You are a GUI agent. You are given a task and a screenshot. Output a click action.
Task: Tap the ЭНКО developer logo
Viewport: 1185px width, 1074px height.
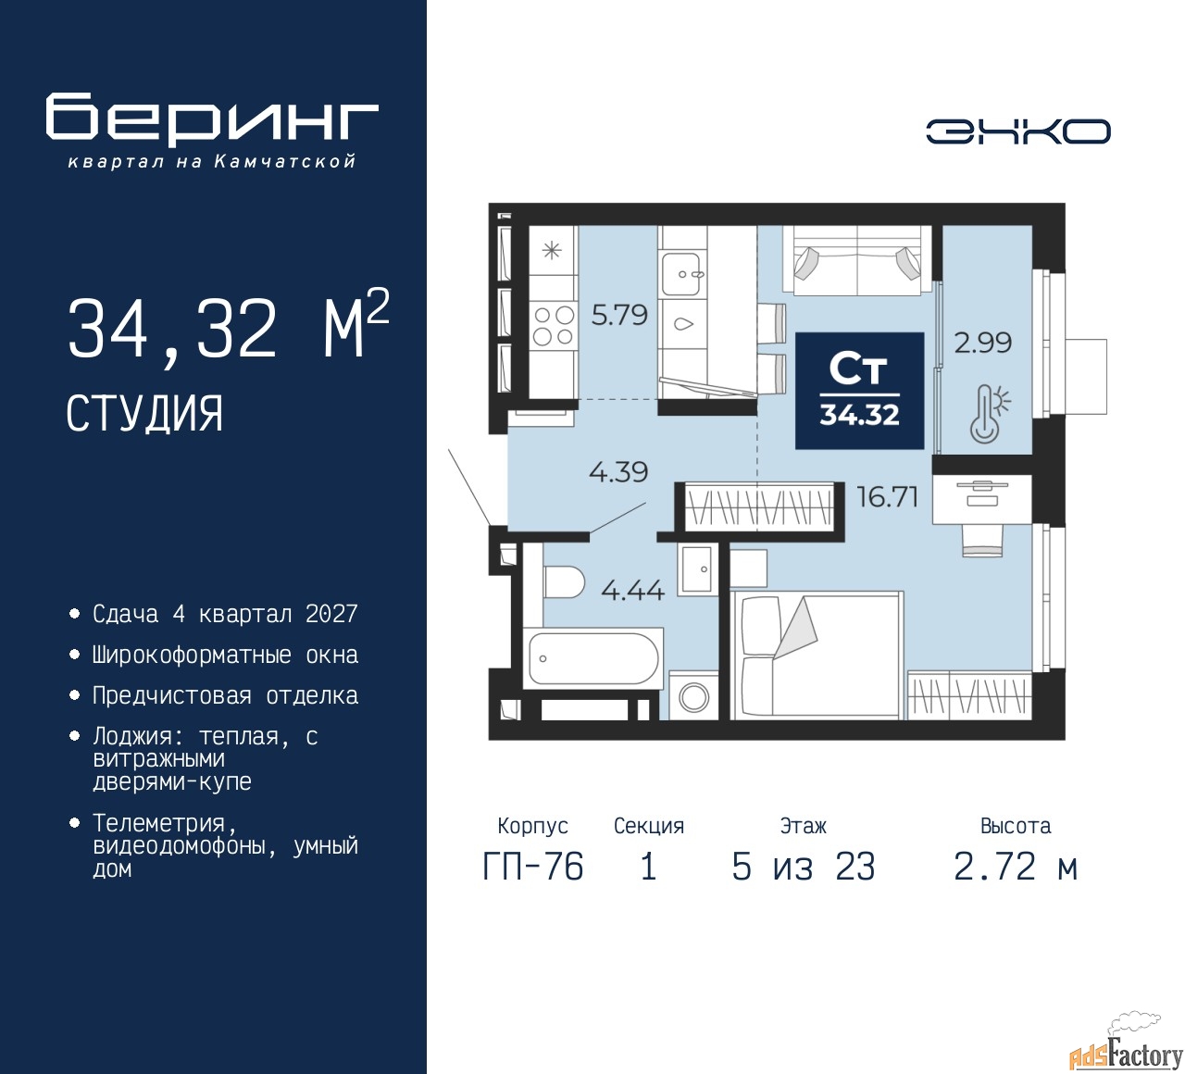coord(1017,131)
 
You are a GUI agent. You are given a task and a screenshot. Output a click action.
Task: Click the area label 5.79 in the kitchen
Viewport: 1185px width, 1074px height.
coord(619,315)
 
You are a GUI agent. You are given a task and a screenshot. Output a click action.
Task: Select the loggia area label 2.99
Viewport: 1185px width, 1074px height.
coord(983,343)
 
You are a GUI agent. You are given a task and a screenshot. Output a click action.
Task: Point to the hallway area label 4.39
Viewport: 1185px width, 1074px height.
coord(618,471)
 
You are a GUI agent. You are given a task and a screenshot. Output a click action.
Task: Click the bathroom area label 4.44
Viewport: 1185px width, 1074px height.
coord(632,589)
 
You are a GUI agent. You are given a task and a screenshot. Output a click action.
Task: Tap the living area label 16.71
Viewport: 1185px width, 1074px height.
coord(887,496)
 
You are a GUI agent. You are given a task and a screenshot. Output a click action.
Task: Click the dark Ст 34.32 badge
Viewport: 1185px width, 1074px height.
coord(859,391)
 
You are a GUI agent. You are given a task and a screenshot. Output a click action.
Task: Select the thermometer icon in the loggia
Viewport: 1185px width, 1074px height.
coord(990,413)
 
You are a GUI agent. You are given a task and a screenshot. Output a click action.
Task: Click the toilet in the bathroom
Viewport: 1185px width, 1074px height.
coord(563,581)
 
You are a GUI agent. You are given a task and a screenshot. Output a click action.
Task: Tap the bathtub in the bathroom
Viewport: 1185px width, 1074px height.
coord(593,658)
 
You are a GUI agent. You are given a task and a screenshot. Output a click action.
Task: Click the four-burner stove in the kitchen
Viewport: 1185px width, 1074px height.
coord(553,326)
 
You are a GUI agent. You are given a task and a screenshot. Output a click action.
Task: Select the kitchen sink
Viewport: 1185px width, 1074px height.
coord(681,274)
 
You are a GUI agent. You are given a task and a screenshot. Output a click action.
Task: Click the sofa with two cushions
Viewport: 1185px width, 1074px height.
coord(857,260)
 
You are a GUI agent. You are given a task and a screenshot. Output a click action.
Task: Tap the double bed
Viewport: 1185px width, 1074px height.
coord(817,656)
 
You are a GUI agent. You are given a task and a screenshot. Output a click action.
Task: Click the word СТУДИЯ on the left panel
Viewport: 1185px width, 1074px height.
coord(144,414)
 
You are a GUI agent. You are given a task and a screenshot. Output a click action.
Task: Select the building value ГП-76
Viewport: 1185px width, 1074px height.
coord(533,867)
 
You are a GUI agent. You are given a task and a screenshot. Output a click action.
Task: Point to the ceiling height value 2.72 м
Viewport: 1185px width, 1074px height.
coord(1016,867)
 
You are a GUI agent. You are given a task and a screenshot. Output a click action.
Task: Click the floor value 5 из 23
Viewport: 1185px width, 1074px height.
coord(804,867)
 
